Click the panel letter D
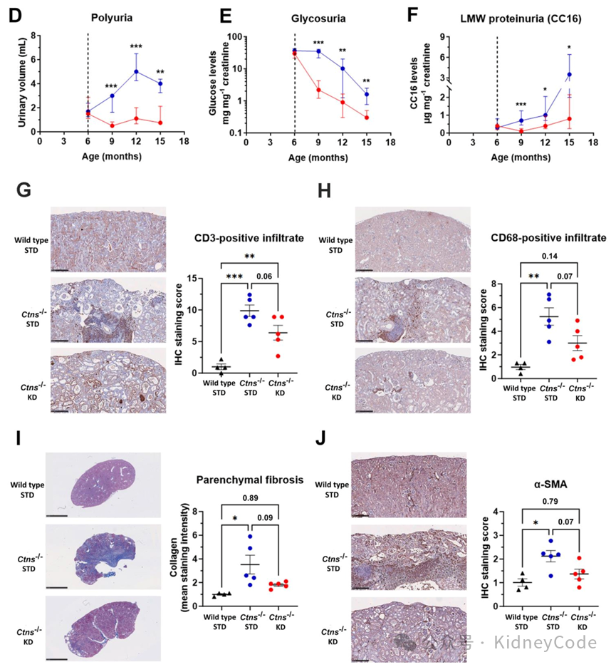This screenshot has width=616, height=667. point(12,13)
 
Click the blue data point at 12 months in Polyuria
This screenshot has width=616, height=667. point(135,71)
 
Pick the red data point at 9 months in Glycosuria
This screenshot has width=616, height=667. point(319,90)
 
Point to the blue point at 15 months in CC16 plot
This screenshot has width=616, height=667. point(570,75)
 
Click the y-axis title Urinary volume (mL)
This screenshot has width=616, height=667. point(22,83)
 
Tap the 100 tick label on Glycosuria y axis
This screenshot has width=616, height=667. point(234,36)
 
